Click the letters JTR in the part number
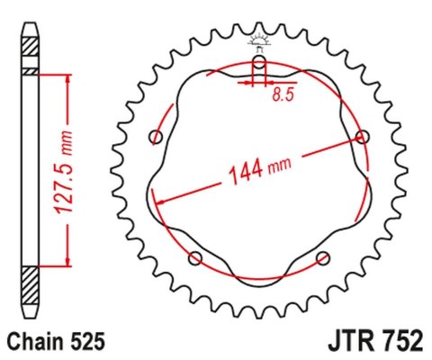tap(337, 342)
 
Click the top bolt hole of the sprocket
tap(259, 62)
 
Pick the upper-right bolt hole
tap(363, 137)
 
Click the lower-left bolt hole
tap(195, 258)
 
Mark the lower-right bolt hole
tap(323, 258)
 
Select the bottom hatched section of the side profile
tap(31, 288)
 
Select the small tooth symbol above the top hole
tap(259, 40)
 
